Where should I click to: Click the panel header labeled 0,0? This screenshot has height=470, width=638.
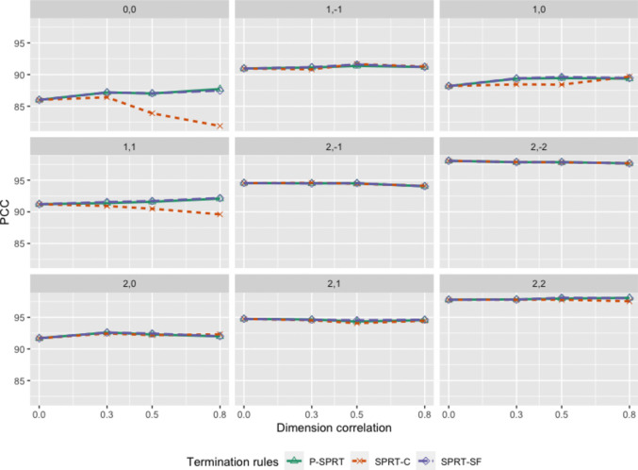point(129,9)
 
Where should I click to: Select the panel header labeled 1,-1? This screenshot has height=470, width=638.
point(334,9)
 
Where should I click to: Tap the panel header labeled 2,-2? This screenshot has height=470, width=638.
point(539,146)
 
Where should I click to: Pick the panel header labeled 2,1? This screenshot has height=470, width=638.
point(334,284)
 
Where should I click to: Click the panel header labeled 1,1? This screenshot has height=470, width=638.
point(129,146)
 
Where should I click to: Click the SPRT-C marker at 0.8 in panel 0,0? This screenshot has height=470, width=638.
point(220,126)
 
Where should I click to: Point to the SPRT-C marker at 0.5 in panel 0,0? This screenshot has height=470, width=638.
point(152,113)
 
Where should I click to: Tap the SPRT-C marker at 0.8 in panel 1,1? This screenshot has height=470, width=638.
point(220,214)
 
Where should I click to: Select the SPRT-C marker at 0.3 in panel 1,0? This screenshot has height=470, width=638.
point(516,84)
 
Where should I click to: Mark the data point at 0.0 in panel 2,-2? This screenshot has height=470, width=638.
point(449,160)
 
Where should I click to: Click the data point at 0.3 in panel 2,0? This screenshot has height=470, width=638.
point(107,332)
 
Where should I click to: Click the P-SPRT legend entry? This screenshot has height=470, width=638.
point(316,462)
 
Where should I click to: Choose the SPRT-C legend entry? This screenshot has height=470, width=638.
point(381,462)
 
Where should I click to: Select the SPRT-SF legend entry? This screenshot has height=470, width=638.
point(450,462)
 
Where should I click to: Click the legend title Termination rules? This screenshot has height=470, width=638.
point(233,462)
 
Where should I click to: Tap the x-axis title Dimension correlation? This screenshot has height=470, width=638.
point(334,428)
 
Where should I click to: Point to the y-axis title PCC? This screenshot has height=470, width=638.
point(6,212)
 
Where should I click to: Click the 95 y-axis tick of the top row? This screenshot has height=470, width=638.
point(19,43)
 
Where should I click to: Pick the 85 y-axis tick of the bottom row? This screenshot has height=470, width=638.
point(19,381)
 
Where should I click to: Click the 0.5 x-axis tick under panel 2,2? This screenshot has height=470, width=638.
point(562,414)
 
